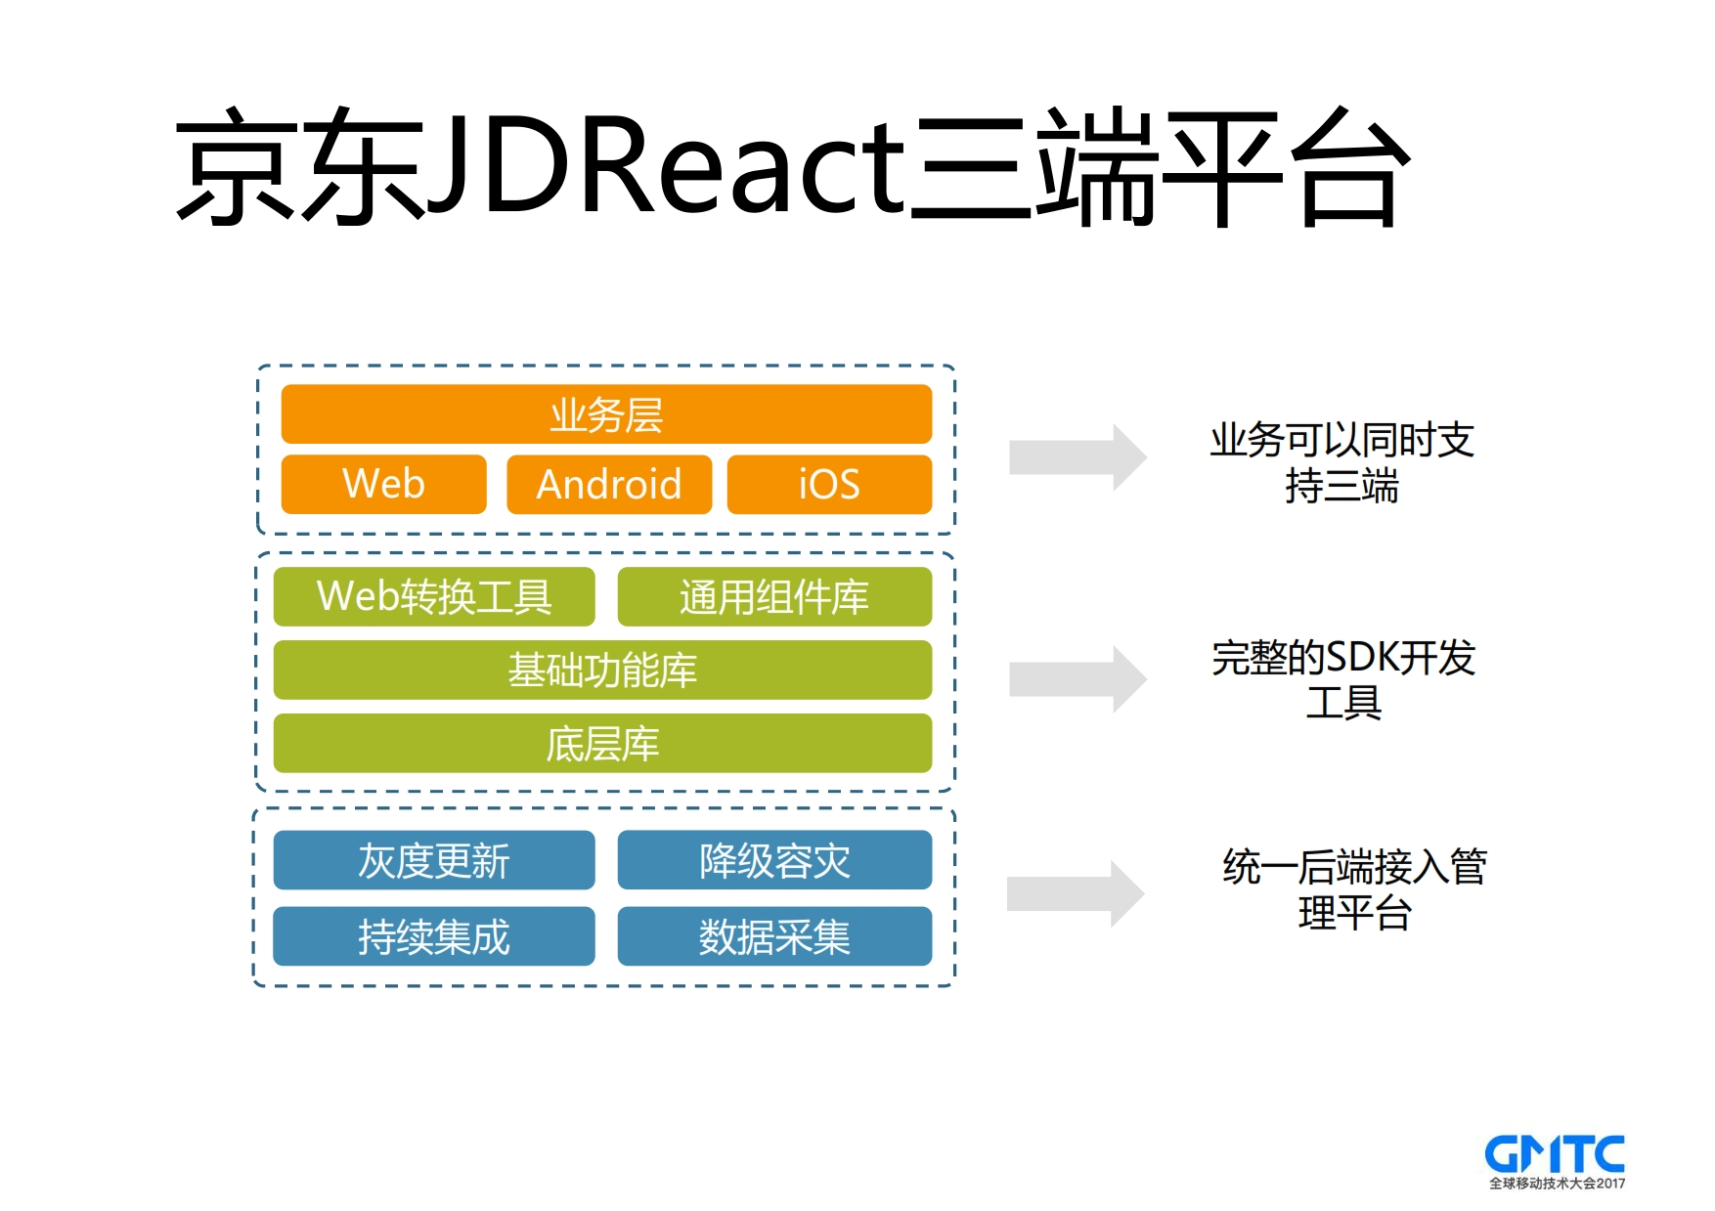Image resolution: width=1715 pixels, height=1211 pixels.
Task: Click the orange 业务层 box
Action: [x=606, y=414]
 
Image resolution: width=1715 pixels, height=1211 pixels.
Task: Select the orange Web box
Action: [x=383, y=484]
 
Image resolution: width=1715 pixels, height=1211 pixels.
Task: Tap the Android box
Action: [x=608, y=484]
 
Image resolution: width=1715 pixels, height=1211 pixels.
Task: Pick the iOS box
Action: [x=829, y=484]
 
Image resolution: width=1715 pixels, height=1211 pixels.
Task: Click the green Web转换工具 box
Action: [x=434, y=596]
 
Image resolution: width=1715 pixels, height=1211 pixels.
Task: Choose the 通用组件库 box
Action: [x=774, y=596]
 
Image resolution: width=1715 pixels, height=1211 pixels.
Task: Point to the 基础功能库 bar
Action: [x=602, y=670]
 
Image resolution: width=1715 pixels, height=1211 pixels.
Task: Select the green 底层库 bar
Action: [x=602, y=744]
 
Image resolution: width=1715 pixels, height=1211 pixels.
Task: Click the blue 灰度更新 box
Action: [x=434, y=860]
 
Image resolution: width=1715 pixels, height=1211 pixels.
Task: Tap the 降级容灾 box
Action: [x=774, y=860]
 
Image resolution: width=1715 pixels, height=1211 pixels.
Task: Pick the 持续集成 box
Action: [x=434, y=936]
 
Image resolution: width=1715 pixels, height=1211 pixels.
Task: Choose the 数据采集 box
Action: [x=774, y=936]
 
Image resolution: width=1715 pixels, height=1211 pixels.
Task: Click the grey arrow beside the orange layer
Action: [x=1077, y=456]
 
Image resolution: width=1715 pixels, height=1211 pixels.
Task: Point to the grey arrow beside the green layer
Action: [x=1077, y=678]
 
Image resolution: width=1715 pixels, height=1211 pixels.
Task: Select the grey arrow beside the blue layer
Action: [x=1075, y=893]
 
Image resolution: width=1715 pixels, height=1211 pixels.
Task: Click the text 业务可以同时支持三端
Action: [x=1341, y=463]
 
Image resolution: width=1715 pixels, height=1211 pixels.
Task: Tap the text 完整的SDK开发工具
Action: [x=1343, y=679]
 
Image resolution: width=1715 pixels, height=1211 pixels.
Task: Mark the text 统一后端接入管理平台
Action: [x=1354, y=889]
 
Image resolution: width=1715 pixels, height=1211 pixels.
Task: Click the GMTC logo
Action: [x=1555, y=1160]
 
